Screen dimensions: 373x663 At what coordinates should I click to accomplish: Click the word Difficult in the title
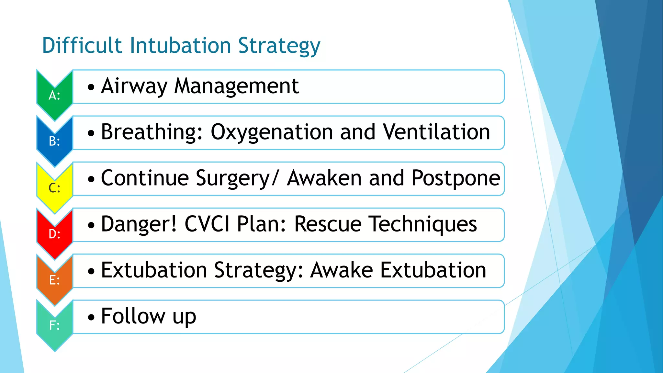pos(82,45)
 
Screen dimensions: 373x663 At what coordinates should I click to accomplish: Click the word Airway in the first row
pos(134,86)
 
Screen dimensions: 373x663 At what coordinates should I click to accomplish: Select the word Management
pos(237,86)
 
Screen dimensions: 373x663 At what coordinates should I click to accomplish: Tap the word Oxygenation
pos(272,132)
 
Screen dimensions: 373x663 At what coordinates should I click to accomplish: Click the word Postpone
pos(456,178)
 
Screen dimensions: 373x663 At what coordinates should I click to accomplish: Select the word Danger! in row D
pos(139,224)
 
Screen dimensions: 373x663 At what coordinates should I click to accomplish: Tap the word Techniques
pos(423,224)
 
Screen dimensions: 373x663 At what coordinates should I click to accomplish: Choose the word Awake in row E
pos(342,270)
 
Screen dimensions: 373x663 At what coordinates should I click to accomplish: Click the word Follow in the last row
pos(133,316)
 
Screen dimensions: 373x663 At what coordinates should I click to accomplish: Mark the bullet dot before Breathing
pos(91,133)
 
